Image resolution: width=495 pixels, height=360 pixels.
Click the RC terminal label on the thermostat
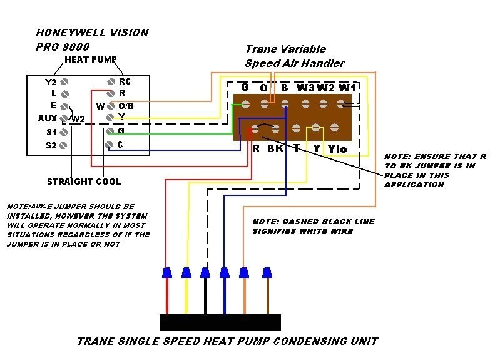tap(125, 82)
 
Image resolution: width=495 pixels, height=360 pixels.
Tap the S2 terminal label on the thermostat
tap(51, 145)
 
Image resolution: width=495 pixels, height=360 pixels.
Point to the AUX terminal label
tap(48, 118)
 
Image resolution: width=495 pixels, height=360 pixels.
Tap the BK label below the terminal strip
tap(275, 149)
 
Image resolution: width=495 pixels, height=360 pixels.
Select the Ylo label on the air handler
tap(337, 149)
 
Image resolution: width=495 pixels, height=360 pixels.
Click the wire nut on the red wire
tap(166, 272)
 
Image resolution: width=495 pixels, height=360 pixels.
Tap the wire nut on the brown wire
tap(267, 272)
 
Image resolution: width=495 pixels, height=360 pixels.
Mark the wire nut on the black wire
tap(205, 272)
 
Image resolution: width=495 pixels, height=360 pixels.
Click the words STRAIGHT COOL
tap(84, 182)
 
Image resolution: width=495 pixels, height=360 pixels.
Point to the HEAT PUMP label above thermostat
tap(91, 59)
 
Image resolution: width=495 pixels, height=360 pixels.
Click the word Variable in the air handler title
tap(302, 49)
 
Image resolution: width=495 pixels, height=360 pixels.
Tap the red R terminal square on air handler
tap(249, 133)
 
